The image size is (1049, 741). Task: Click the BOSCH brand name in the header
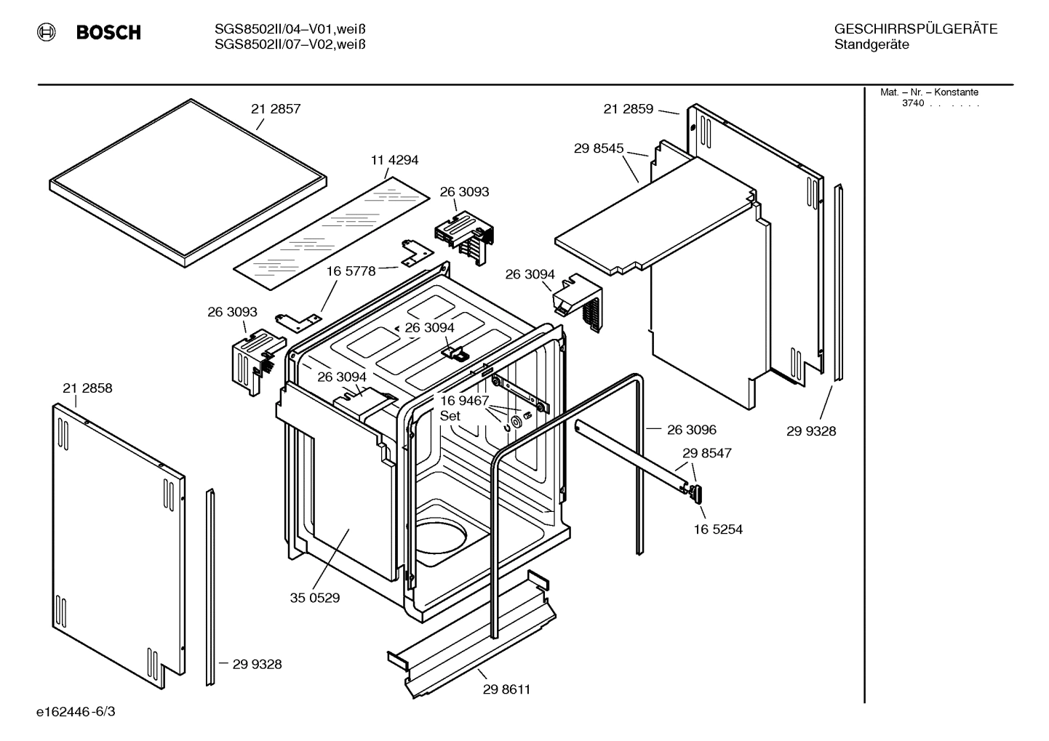[108, 33]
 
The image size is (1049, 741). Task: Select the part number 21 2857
[276, 109]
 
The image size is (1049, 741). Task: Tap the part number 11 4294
[394, 160]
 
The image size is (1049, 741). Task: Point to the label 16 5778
[351, 271]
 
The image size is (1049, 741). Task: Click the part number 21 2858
[87, 388]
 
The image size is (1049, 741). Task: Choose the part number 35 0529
[315, 598]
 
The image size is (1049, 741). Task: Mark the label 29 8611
[506, 689]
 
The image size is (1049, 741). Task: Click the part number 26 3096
[692, 430]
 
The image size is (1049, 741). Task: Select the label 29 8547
[707, 453]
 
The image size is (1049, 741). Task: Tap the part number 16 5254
[718, 529]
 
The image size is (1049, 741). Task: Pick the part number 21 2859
[628, 109]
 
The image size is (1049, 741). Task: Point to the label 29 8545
[599, 148]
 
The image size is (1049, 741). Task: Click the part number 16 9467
[464, 401]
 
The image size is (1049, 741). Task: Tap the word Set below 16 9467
[450, 416]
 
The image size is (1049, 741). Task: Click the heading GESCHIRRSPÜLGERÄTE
[915, 29]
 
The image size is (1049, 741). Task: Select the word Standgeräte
[871, 45]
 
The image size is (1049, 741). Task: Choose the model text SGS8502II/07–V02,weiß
[290, 44]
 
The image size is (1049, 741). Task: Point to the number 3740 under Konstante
[913, 103]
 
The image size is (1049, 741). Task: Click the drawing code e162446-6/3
[76, 711]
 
